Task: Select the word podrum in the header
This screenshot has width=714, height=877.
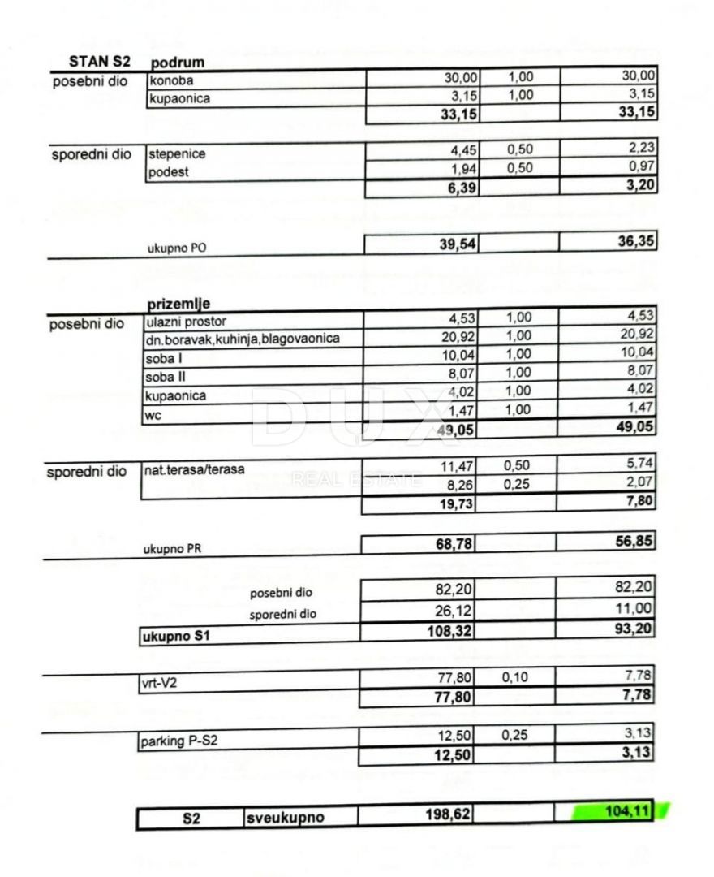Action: point(176,63)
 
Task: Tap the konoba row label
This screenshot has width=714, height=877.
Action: point(171,80)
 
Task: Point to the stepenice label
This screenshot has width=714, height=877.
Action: point(176,153)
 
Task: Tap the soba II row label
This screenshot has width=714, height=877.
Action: point(164,377)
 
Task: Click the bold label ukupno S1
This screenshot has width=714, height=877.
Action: point(177,637)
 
